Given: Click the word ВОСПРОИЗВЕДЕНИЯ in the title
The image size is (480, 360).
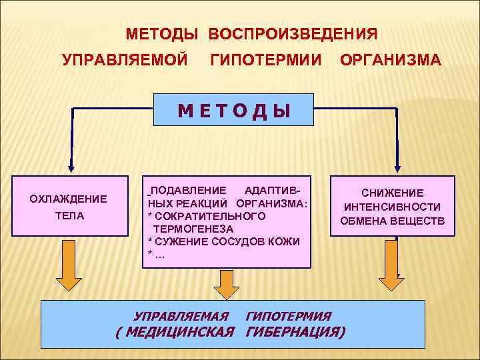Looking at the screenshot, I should [293, 33].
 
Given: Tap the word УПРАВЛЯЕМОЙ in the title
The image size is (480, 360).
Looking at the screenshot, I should [125, 61].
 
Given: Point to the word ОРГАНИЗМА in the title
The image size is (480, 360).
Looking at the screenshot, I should [390, 61].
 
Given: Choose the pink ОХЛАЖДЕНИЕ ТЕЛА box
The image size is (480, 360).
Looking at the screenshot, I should [69, 207].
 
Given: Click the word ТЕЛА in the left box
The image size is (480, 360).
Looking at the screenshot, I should [69, 217].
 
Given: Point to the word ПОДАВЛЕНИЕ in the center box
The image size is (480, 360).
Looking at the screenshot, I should [188, 190].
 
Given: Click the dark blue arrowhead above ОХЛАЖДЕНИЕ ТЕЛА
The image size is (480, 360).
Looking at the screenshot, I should [71, 168].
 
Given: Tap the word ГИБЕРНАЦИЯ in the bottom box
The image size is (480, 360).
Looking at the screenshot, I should [295, 332].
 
